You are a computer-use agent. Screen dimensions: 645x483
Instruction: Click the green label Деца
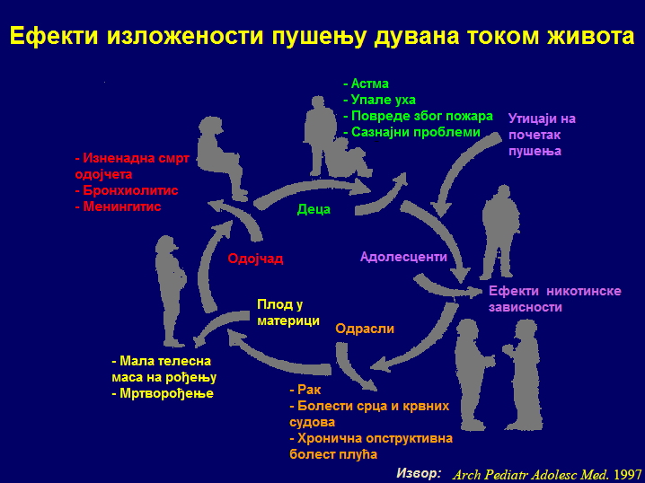pos(314,209)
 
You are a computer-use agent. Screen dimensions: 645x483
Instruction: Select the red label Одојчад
pos(255,259)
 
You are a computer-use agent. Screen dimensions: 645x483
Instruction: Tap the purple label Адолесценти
pos(403,257)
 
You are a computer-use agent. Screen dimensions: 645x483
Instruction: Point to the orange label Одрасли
pos(365,329)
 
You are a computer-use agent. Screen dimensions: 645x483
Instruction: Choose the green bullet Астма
pos(367,83)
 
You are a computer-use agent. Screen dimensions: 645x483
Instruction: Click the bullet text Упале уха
pos(379,100)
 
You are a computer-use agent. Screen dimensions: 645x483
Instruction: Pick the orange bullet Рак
pos(305,390)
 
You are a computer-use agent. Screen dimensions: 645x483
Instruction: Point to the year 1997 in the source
pos(627,474)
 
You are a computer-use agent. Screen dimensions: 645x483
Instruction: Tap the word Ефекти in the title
pos(54,36)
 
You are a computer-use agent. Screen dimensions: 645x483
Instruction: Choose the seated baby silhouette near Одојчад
pos(221,157)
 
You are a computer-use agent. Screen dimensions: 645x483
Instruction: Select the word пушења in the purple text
pos(535,151)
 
